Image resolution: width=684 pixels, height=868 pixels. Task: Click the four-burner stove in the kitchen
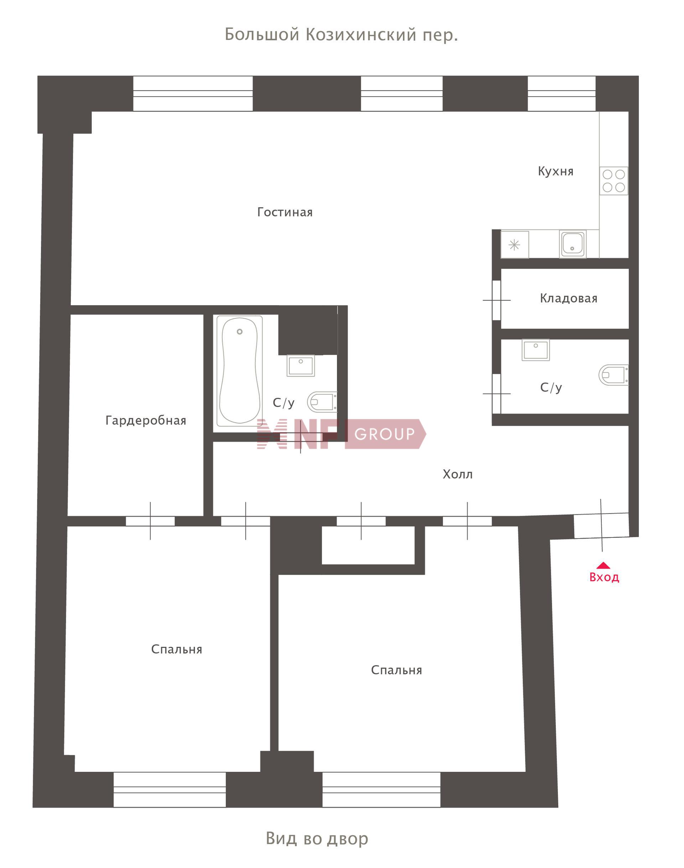click(613, 181)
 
